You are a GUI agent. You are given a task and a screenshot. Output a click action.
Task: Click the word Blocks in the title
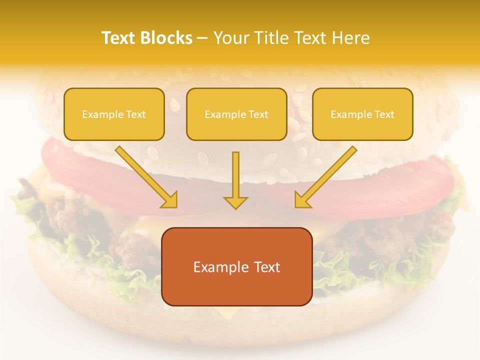(166, 38)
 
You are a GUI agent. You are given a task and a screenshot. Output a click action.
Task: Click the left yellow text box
(114, 114)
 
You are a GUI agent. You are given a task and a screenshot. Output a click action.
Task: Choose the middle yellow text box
(236, 114)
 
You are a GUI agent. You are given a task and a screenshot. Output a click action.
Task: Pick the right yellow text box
(362, 114)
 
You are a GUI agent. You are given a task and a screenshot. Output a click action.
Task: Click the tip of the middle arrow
(235, 207)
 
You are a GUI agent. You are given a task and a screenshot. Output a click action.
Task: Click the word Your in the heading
(229, 38)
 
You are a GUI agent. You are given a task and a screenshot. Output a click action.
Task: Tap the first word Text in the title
(120, 38)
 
